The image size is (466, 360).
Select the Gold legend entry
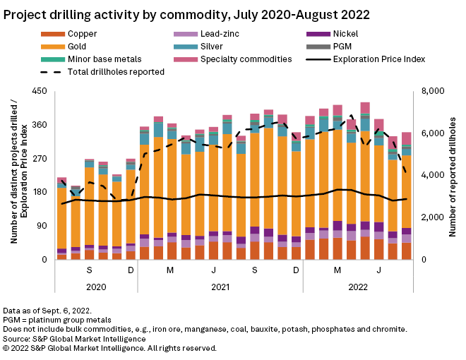coord(78,47)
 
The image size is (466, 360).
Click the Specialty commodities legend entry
coord(247,59)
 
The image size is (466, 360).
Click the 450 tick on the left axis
coord(40,91)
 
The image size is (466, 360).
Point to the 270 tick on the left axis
coord(40,158)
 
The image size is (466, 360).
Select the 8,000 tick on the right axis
coord(436,91)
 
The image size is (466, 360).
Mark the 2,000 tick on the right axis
coord(436,217)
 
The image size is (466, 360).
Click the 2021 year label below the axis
coord(220,287)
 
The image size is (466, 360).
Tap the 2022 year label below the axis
coord(358,287)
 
